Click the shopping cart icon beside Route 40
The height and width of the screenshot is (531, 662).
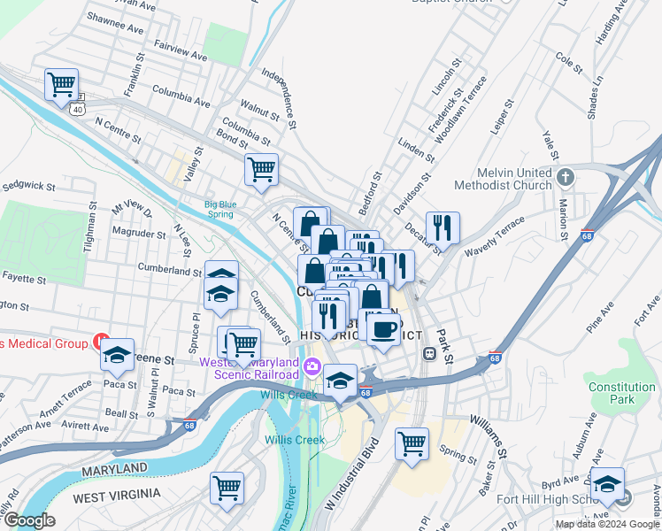coord(61,86)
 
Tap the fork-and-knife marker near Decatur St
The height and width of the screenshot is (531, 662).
coord(443,227)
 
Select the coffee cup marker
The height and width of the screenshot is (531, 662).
coord(383,330)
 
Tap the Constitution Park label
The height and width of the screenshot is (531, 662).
coord(622,393)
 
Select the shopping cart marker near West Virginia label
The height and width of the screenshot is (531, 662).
coord(227,488)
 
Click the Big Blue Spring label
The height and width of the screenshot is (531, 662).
coord(220,209)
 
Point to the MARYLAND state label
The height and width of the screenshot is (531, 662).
coord(115,467)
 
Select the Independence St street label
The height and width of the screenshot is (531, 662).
coord(288,104)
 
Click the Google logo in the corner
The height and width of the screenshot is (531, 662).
coord(29,519)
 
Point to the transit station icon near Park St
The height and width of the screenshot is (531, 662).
coord(429,353)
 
